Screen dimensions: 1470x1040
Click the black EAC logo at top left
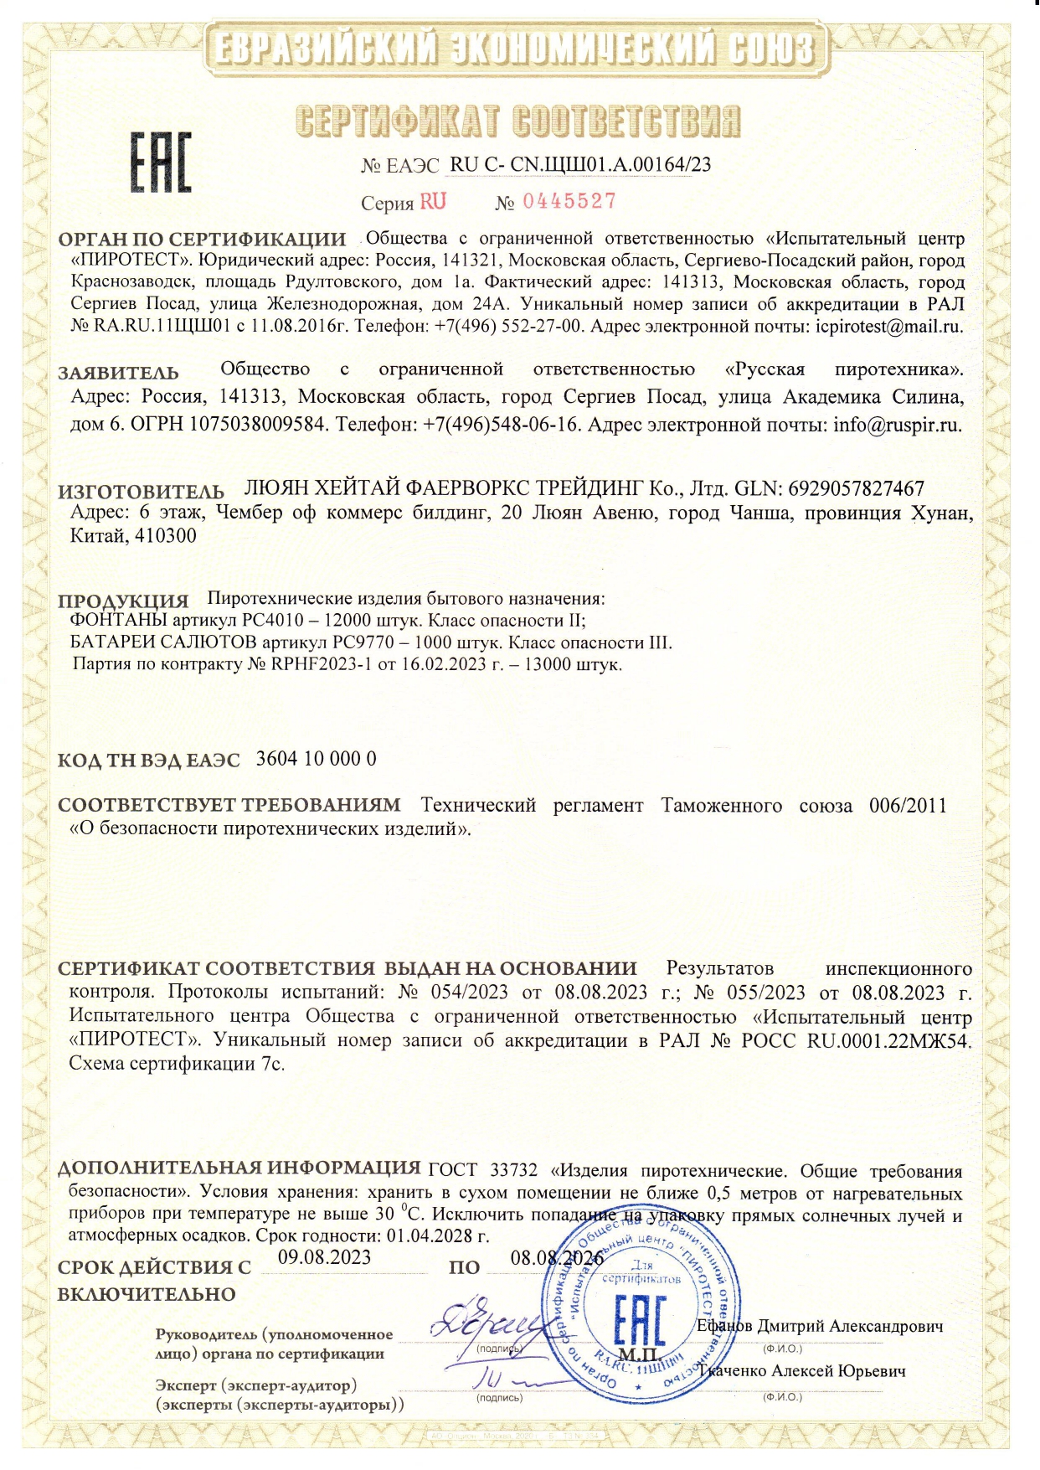click(160, 162)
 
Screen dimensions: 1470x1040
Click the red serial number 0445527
click(569, 201)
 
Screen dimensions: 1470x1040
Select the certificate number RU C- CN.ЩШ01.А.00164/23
click(580, 164)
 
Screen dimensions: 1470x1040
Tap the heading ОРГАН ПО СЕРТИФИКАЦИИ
click(202, 240)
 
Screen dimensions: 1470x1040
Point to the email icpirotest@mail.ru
click(889, 327)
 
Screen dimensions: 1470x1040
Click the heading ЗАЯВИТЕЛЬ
click(118, 373)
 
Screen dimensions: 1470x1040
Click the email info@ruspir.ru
click(897, 424)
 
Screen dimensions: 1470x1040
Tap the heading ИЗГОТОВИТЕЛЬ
click(141, 491)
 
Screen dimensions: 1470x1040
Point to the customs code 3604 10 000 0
click(316, 759)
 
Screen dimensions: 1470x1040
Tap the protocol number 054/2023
click(469, 993)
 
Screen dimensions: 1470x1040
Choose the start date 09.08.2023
click(324, 1257)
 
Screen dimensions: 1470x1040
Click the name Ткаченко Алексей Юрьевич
click(801, 1371)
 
